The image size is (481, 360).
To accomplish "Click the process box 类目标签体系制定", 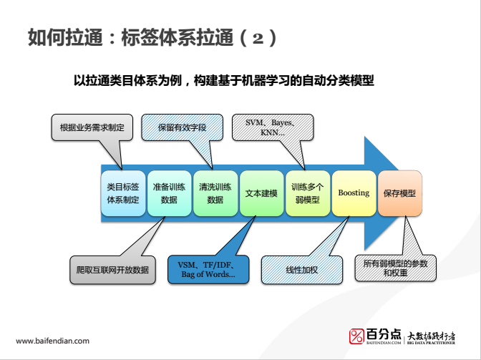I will tap(122, 193).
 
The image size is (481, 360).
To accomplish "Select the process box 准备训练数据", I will tap(169, 193).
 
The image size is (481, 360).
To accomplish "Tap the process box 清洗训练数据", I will tap(215, 193).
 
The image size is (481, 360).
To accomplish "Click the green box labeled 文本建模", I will tap(262, 193).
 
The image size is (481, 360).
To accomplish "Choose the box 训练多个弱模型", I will tap(308, 193).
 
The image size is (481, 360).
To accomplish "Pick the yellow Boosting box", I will tap(354, 193).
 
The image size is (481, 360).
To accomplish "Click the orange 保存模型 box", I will tap(399, 193).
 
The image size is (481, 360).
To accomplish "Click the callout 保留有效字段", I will tap(182, 127).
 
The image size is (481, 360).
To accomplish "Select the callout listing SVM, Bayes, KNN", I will tap(272, 127).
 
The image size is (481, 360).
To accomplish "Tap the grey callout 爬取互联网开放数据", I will tap(112, 270).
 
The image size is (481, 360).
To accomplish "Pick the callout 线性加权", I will tap(301, 270).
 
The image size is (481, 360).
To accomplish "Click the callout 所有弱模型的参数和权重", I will tap(395, 269).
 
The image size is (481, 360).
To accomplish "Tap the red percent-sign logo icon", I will tap(356, 336).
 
